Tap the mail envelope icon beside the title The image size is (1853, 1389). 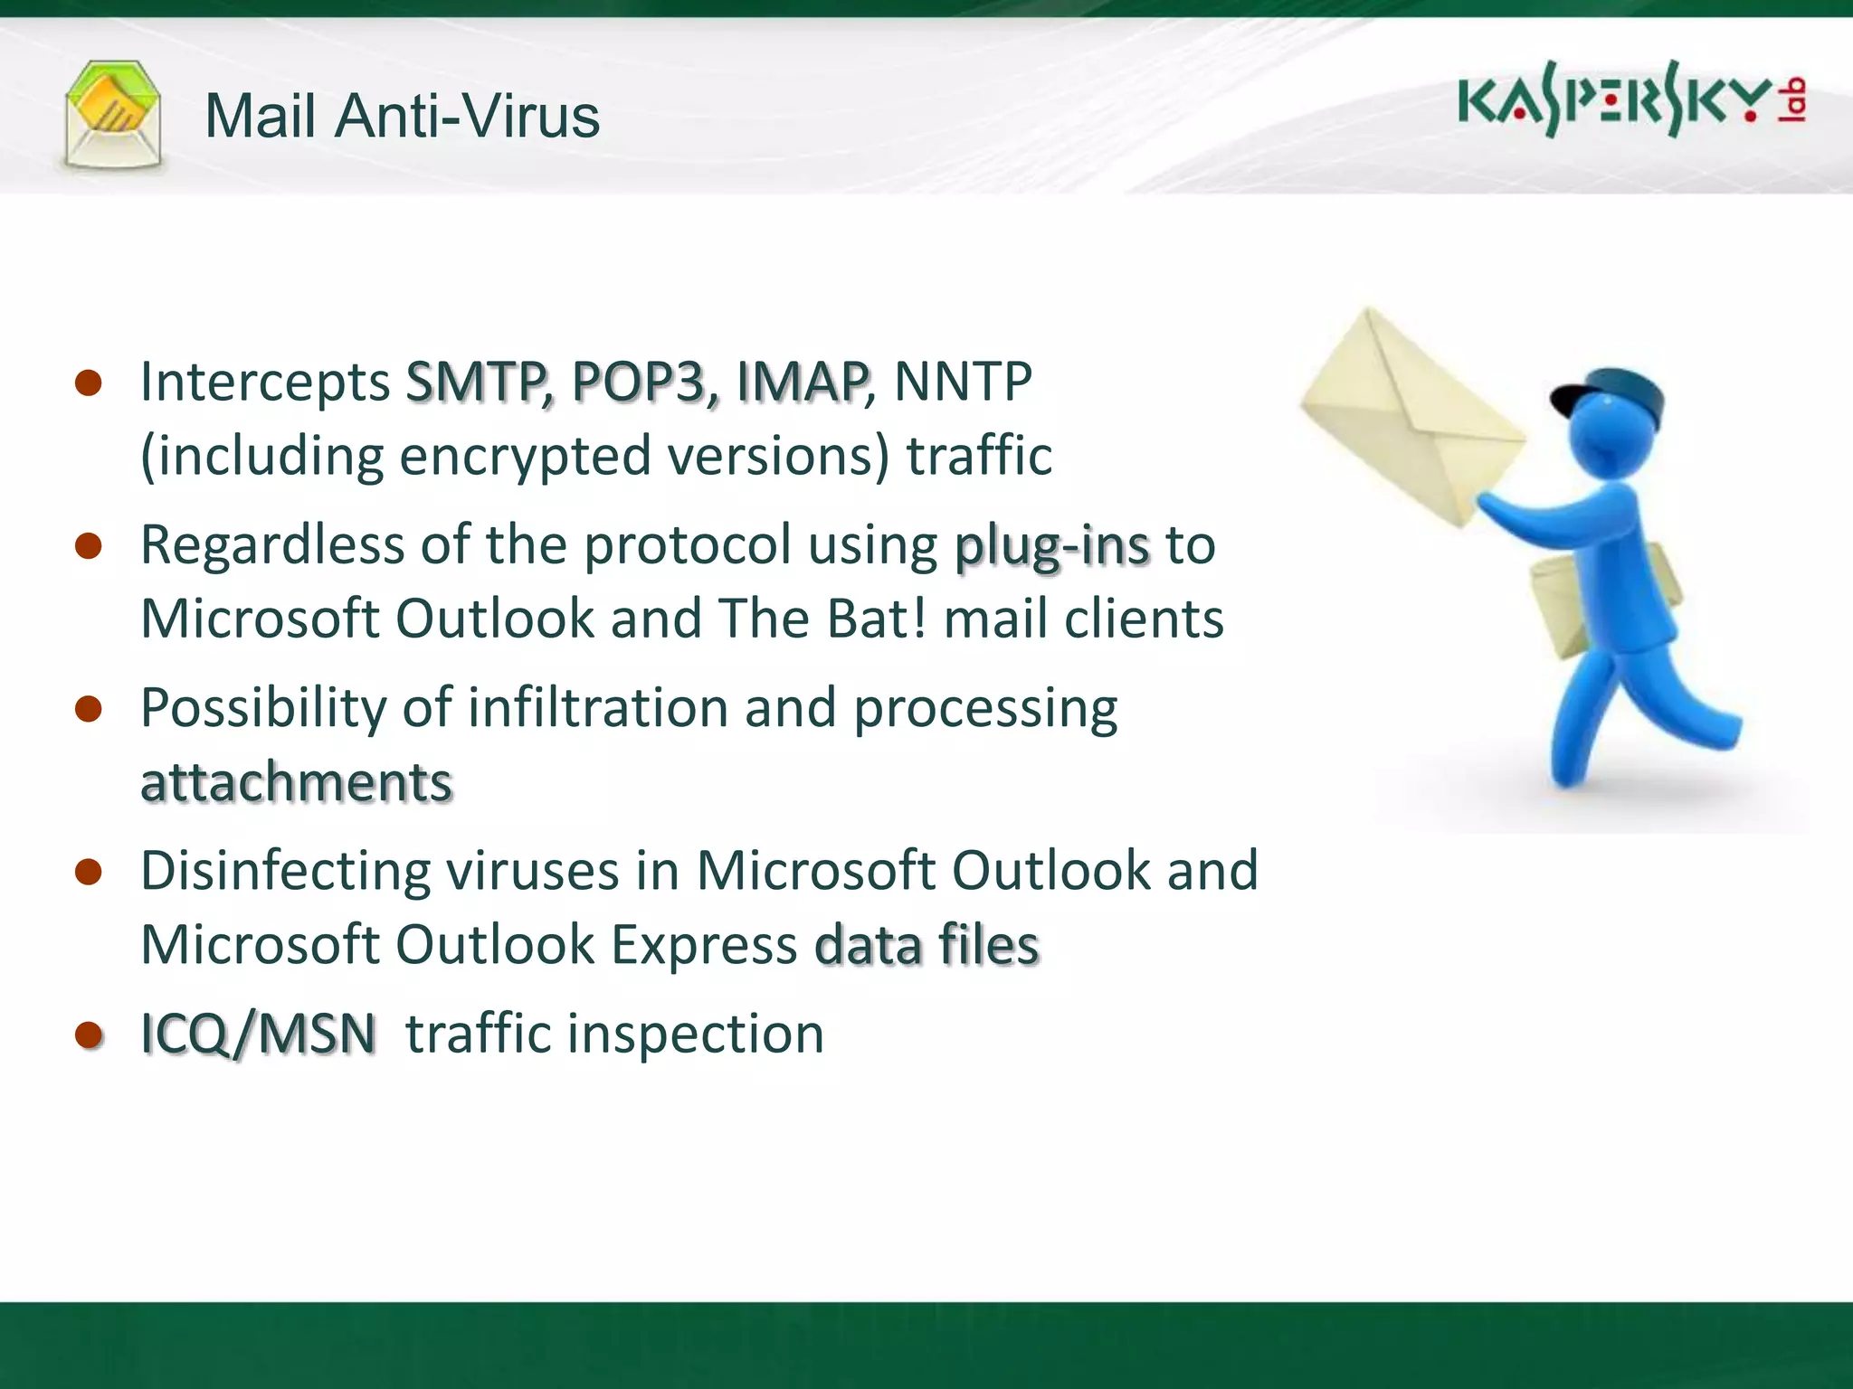(113, 116)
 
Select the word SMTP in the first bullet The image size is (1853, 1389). (476, 382)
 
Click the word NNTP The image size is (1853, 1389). (962, 382)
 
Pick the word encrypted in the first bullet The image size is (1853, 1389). (525, 456)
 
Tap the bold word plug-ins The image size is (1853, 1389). (1051, 546)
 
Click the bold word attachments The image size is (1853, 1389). (296, 782)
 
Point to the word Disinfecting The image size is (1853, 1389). (286, 872)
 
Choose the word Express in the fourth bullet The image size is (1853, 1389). (704, 945)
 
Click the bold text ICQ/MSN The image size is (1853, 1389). (258, 1034)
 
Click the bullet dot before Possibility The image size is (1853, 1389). (89, 709)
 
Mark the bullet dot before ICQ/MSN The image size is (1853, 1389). (89, 1035)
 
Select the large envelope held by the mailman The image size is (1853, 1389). (1411, 416)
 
